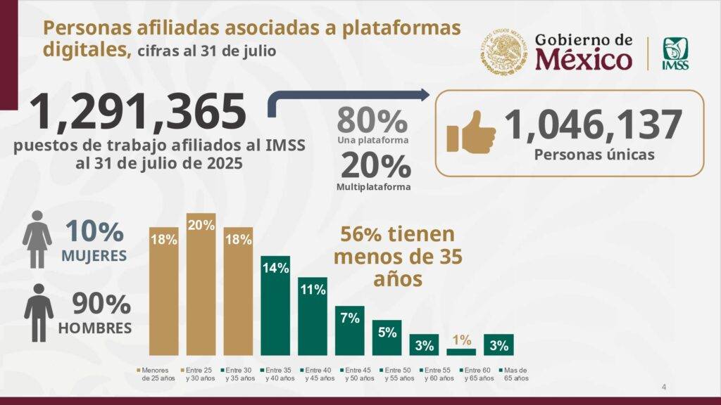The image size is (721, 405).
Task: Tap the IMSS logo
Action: [675, 54]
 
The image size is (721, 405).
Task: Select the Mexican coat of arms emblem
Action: [504, 54]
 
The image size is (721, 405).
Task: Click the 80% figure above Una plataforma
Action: [372, 120]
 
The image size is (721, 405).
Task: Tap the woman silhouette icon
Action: [37, 239]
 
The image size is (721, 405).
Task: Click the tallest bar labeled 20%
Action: [201, 285]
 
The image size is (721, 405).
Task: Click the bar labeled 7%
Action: [350, 330]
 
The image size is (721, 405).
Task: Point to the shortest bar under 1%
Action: [461, 352]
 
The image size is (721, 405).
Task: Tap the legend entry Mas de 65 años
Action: [513, 374]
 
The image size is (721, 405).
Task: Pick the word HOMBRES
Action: [94, 328]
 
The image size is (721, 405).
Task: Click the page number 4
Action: [663, 387]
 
